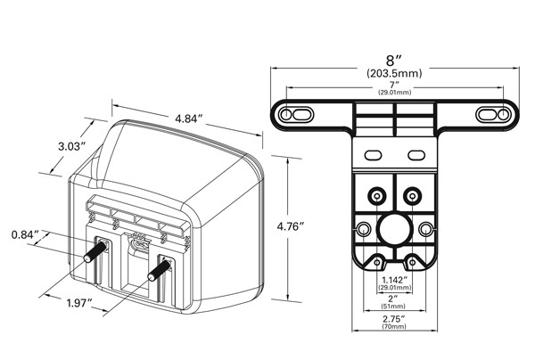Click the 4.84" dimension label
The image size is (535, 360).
(188, 118)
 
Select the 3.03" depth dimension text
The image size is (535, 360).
(70, 145)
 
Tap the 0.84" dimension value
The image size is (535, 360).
(26, 234)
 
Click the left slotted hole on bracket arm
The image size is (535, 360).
(297, 115)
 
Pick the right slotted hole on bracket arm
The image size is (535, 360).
(492, 115)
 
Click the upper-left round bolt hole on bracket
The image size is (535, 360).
(375, 194)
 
